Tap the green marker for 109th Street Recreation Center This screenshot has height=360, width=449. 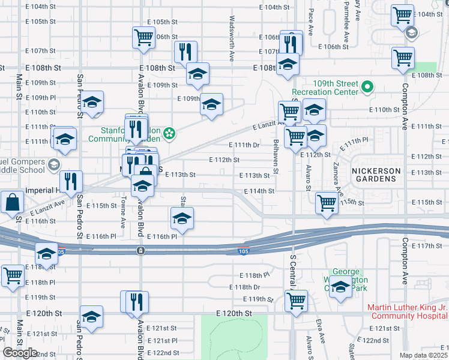point(368,88)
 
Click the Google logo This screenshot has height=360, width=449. point(20,353)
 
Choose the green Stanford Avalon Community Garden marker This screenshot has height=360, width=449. point(170,133)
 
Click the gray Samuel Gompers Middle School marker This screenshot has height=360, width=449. point(54,164)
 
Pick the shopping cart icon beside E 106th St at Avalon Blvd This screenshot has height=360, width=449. point(144,38)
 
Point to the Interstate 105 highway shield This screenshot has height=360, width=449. point(242,252)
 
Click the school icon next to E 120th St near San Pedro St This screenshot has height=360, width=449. point(91,316)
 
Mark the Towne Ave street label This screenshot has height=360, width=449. point(123,213)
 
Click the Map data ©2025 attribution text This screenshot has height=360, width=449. point(424,355)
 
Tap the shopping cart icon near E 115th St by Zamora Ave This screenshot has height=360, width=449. point(327,202)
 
